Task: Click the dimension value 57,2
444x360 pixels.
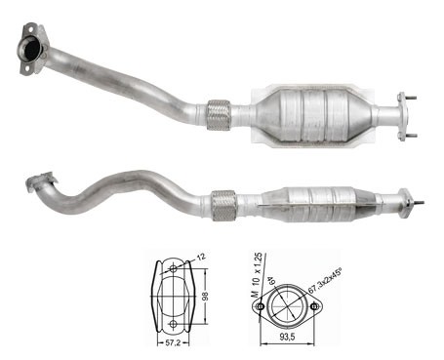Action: coord(174,342)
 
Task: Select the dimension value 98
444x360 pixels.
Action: coord(205,297)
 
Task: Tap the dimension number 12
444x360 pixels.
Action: coord(202,257)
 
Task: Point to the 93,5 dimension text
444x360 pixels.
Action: coord(287,337)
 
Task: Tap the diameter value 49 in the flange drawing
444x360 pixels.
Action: coord(270,281)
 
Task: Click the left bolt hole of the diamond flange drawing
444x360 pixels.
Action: coord(260,306)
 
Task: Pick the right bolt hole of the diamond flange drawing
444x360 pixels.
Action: coord(314,306)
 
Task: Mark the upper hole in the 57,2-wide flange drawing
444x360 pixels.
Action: coord(174,268)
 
